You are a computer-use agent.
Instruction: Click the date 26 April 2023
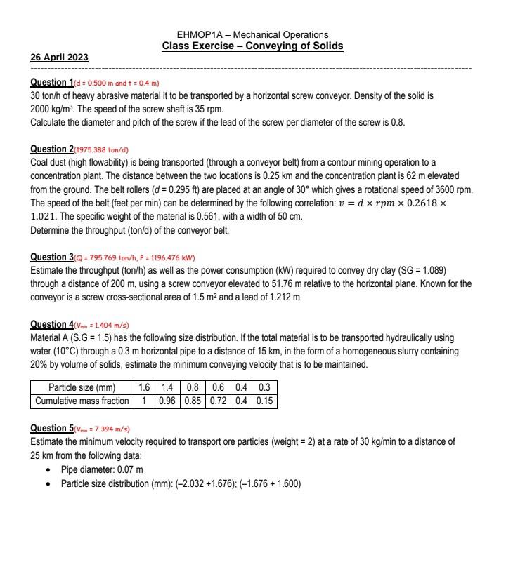tap(59, 58)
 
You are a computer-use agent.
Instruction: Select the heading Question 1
tap(51, 83)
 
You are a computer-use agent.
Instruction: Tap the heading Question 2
tap(51, 149)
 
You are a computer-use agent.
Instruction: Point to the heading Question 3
tap(51, 257)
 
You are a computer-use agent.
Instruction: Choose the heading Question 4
tap(51, 325)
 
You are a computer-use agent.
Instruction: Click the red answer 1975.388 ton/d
tap(102, 150)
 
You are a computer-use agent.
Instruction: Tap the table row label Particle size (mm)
tap(82, 388)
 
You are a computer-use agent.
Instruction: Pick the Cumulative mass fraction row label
tap(82, 401)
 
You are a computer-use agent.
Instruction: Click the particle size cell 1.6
tap(144, 388)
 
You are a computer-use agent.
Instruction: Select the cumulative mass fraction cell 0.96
tap(167, 401)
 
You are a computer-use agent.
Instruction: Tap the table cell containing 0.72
tap(218, 401)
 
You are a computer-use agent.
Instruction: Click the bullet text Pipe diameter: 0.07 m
tap(102, 469)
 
